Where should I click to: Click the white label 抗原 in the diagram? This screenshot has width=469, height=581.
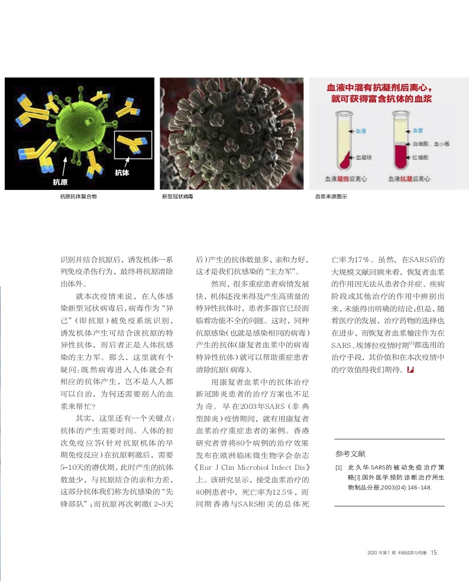[x=60, y=181]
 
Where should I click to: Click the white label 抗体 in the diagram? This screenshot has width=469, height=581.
[x=122, y=172]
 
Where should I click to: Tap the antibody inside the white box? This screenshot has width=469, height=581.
[x=133, y=144]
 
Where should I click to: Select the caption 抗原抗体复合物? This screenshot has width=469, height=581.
[x=78, y=196]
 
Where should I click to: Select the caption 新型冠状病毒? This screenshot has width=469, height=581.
[x=177, y=196]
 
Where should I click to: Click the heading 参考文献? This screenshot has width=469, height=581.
[x=351, y=454]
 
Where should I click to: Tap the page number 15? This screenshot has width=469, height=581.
[x=434, y=553]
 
